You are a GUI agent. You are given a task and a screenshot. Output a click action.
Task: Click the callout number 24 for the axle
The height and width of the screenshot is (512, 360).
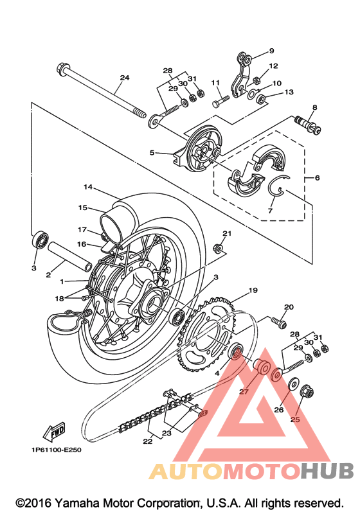pos(125,78)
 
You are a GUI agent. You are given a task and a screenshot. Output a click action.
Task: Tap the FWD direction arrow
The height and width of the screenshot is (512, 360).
pos(54,432)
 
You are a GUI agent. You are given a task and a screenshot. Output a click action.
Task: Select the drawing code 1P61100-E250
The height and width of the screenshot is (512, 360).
pos(57,450)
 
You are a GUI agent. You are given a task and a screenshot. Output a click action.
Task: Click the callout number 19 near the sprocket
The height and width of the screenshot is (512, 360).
pos(253,290)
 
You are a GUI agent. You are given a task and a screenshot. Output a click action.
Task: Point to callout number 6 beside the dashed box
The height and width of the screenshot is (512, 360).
pos(317,178)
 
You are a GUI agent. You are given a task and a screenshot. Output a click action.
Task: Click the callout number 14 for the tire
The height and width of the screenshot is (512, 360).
pos(88,187)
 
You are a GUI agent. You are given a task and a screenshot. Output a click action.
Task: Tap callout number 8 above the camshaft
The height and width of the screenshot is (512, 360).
pos(314,107)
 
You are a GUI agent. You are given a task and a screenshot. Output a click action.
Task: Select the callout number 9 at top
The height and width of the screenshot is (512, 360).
pos(271,51)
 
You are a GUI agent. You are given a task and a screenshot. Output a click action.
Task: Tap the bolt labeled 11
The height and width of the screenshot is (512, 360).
pos(221,100)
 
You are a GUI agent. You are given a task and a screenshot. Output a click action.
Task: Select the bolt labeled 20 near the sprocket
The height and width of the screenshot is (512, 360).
pos(278,322)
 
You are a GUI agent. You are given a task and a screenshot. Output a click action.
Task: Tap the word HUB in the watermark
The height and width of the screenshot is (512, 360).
pos(327,470)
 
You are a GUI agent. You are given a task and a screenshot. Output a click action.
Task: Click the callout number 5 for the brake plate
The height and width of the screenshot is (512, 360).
pos(152,152)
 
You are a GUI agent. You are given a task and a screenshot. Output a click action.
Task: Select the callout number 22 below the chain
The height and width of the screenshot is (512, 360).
pos(148,441)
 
